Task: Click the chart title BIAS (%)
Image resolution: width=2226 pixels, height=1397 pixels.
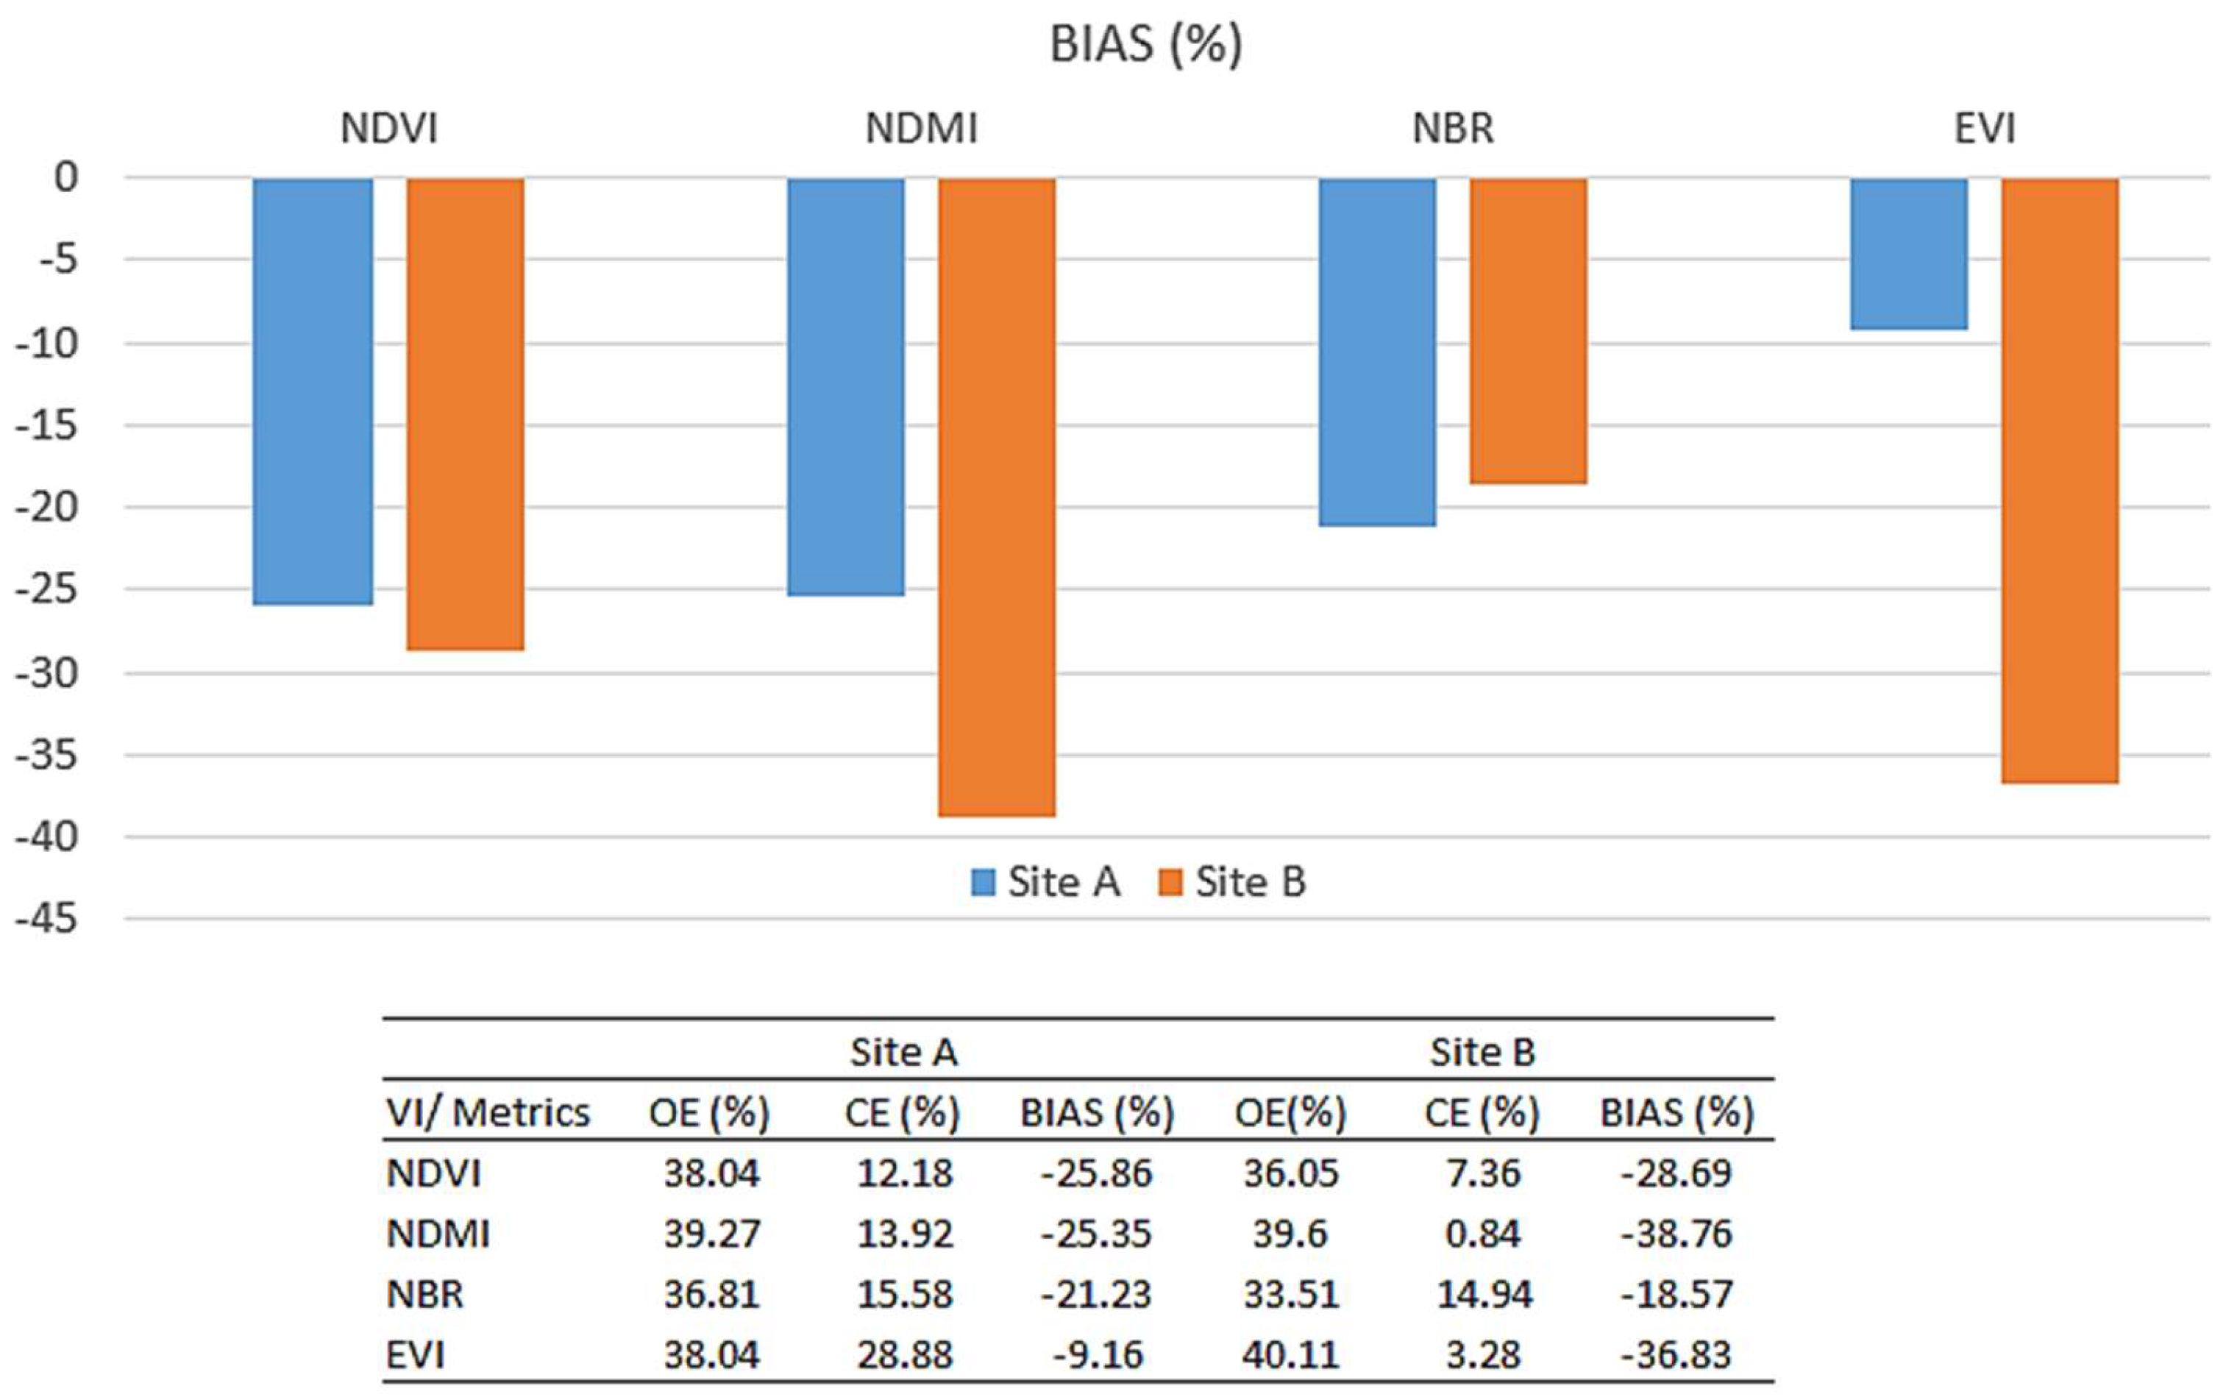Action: tap(1145, 44)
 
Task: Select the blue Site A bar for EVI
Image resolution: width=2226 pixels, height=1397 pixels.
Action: tap(1908, 253)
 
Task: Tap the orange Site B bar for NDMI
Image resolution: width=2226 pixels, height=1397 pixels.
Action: tap(997, 497)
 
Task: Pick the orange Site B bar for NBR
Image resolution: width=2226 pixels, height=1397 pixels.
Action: tap(1528, 331)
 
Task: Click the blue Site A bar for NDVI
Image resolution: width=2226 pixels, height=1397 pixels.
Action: tap(313, 392)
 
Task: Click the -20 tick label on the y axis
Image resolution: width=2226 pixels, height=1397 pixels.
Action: tap(46, 508)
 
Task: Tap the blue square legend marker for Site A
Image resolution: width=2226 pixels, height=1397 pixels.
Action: tap(983, 882)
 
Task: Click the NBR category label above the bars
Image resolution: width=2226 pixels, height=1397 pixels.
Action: tap(1452, 129)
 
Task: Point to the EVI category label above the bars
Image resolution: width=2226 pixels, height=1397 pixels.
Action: tap(1984, 129)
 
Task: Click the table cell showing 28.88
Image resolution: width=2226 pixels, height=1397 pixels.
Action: tap(904, 1354)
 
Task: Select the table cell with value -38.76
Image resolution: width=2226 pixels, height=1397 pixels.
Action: tap(1676, 1234)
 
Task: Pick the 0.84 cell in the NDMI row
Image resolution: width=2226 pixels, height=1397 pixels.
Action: tap(1482, 1234)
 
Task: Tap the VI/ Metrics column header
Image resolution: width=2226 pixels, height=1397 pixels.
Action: tap(488, 1112)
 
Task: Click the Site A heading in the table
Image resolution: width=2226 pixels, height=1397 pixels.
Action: tap(903, 1053)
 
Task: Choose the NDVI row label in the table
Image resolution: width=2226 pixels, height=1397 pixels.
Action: tap(433, 1173)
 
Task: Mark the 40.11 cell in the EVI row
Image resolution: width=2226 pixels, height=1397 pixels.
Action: tap(1290, 1354)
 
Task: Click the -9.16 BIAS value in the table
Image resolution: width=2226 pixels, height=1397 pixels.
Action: tap(1098, 1354)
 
